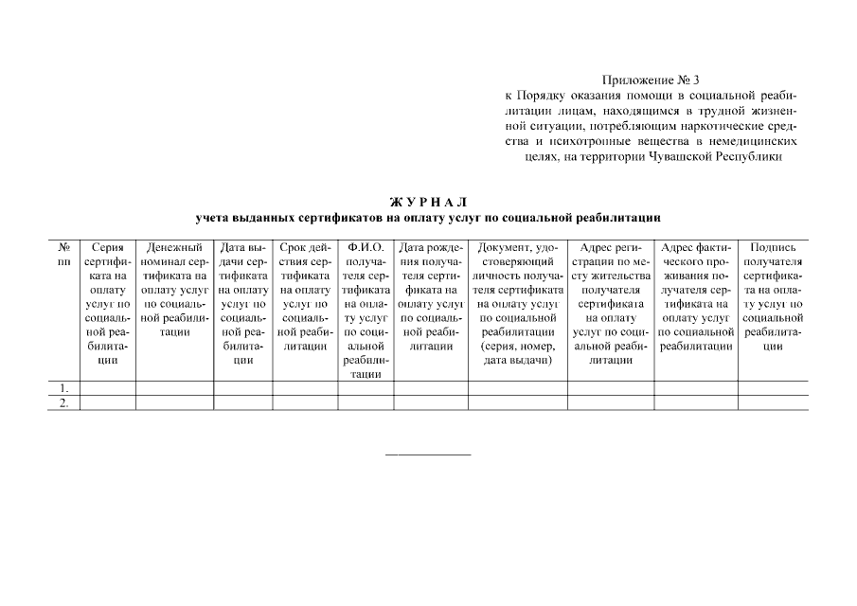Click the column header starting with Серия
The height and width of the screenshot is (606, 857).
point(108,303)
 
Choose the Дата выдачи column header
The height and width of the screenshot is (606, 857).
point(243,303)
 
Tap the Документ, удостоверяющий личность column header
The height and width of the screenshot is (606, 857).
point(517,303)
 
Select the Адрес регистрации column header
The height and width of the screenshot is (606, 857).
point(610,303)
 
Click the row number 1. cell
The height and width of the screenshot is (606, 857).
point(63,388)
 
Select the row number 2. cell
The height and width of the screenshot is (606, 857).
point(63,402)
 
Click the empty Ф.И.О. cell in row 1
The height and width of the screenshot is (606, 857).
point(365,388)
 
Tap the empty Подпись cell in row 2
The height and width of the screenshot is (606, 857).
point(773,402)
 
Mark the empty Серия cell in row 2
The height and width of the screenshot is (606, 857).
point(108,402)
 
